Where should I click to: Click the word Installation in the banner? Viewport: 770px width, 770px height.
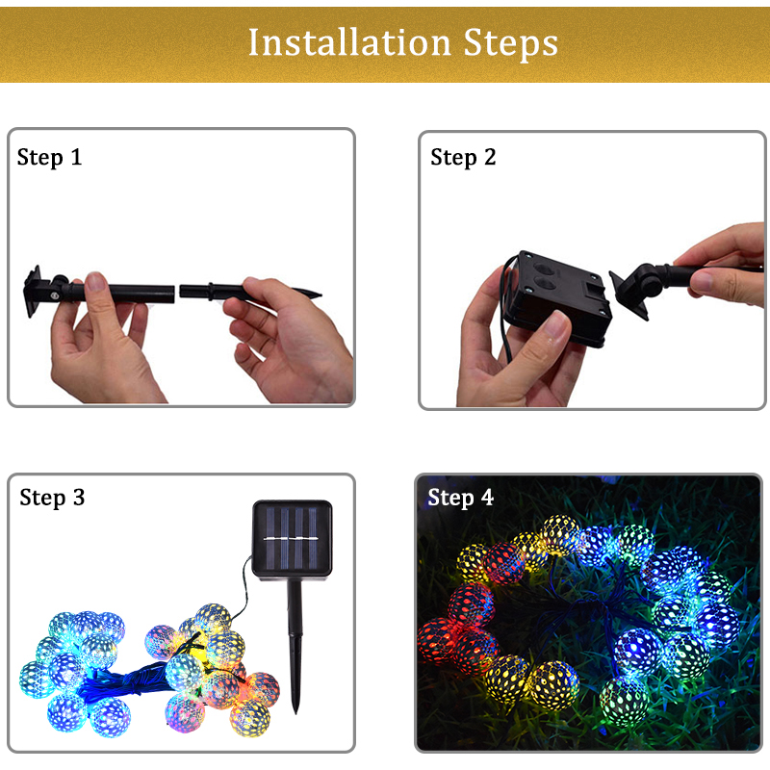coord(349,42)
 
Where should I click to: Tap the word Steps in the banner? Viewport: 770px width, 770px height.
coord(511,44)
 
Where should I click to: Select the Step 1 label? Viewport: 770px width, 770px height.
coord(49,158)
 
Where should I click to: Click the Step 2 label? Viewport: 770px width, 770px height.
coord(463,158)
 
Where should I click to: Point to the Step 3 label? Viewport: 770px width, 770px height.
coord(52,499)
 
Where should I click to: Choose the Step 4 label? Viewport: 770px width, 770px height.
coord(460,499)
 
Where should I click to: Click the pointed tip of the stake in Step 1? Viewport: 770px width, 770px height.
coord(321,295)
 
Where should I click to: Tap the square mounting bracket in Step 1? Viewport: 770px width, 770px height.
coord(33,292)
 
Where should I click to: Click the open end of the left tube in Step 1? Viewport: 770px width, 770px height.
coord(173,294)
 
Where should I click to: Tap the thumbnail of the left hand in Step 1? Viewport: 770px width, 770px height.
coord(95,281)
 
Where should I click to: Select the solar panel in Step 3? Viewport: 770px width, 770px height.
coord(293,539)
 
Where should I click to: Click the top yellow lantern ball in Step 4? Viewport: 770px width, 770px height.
coord(560,535)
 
